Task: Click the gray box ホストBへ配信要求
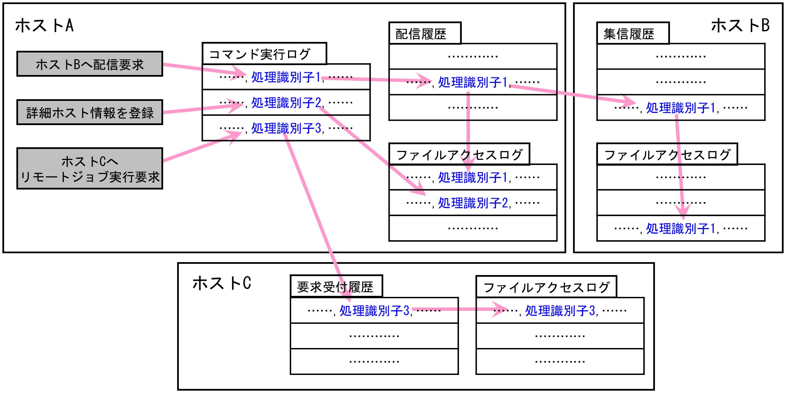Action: tap(89, 64)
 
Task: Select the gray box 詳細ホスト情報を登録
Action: tap(89, 112)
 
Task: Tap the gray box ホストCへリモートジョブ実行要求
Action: tap(89, 169)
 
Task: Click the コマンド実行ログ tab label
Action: tap(259, 54)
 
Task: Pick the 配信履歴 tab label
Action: tap(421, 34)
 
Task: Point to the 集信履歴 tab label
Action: tap(629, 34)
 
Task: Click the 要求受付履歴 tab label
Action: tap(335, 287)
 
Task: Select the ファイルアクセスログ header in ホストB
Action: tap(667, 155)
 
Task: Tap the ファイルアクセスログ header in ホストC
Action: tap(546, 287)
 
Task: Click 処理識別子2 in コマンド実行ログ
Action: tap(286, 103)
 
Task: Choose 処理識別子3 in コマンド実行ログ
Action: tap(286, 128)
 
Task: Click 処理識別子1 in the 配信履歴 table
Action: tap(473, 82)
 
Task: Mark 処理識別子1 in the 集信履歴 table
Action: tap(681, 108)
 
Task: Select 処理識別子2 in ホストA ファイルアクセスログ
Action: tap(473, 203)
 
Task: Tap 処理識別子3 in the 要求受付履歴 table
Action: tap(374, 311)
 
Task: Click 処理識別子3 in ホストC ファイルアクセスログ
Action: tap(560, 311)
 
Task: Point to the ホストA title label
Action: tap(45, 26)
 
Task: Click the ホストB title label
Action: tap(740, 26)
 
